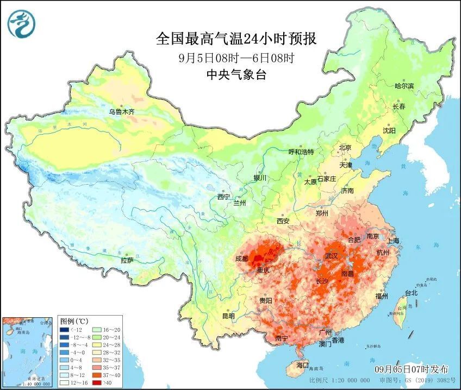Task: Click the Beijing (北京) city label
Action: [345, 147]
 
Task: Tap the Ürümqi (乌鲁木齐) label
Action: [121, 112]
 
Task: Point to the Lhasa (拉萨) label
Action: [127, 261]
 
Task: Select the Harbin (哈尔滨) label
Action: [404, 86]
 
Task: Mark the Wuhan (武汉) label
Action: [331, 255]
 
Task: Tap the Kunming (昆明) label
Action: [229, 316]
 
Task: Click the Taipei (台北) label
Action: [411, 293]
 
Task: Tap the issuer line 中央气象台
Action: [229, 76]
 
